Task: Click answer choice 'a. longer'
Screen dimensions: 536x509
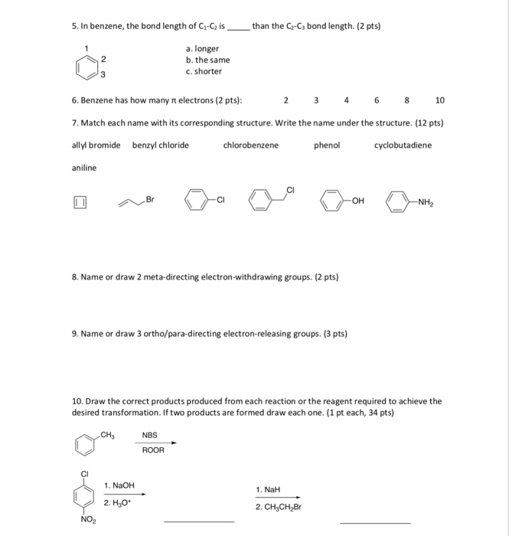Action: tap(202, 48)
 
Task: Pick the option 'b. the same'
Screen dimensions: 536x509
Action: tap(207, 60)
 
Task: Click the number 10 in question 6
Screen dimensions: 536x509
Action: tap(439, 100)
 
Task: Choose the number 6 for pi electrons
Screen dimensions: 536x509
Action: tap(377, 100)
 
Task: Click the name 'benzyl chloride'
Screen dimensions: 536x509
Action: tap(160, 145)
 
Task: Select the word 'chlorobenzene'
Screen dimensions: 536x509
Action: tap(251, 145)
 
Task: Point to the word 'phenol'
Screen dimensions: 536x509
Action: tap(327, 145)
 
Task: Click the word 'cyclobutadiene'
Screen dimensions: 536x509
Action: tap(403, 145)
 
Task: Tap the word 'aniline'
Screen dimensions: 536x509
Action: tap(84, 168)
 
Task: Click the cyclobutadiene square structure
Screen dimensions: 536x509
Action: tap(80, 203)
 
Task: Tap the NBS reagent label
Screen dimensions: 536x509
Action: tap(151, 435)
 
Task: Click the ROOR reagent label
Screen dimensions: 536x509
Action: tap(153, 450)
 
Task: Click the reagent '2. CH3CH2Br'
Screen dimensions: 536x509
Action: tap(279, 507)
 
